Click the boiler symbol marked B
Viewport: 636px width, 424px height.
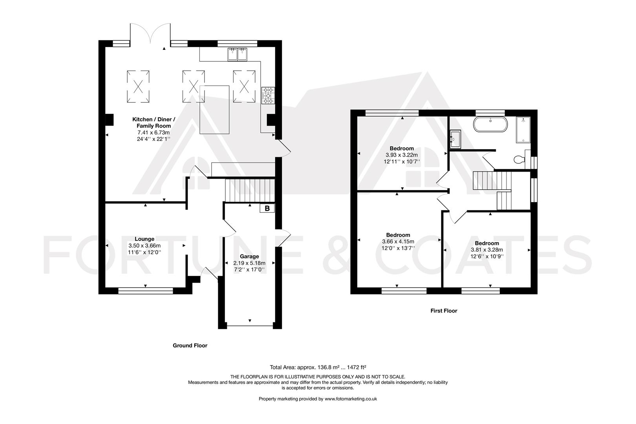click(x=267, y=208)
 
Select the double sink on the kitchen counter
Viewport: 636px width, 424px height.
click(x=237, y=55)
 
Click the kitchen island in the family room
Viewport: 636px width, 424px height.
click(x=214, y=110)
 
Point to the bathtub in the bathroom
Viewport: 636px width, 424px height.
click(x=491, y=124)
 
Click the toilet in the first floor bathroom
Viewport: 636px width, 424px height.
click(x=520, y=159)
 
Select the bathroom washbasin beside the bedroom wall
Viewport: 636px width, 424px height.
click(x=455, y=139)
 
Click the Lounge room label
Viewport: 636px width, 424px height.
click(x=144, y=239)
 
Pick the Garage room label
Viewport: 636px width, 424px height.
click(x=249, y=256)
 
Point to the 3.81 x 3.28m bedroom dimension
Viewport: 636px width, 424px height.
click(x=487, y=250)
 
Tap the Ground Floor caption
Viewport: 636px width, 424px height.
click(x=190, y=345)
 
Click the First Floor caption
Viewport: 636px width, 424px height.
click(x=444, y=311)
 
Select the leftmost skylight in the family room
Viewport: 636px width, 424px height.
click(x=138, y=86)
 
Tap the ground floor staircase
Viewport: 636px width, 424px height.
click(x=249, y=190)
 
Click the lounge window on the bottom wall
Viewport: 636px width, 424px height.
click(x=146, y=291)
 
